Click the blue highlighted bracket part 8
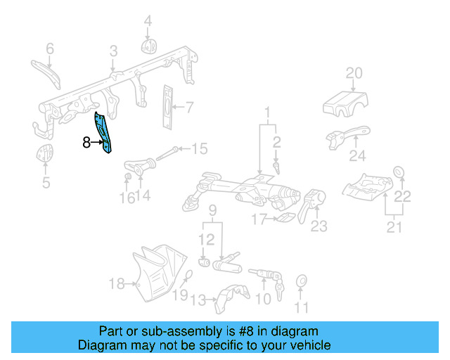[103, 133]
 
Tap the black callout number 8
[86, 142]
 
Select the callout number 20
[354, 73]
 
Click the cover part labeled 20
[345, 104]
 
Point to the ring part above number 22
[399, 172]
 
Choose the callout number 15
[200, 148]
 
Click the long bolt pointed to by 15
[168, 153]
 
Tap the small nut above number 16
[128, 176]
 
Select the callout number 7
[189, 108]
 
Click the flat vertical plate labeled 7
[167, 107]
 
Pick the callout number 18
[117, 284]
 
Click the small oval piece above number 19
[188, 275]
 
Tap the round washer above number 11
[302, 281]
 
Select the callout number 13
[198, 300]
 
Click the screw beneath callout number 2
[276, 168]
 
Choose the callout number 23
[319, 226]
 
